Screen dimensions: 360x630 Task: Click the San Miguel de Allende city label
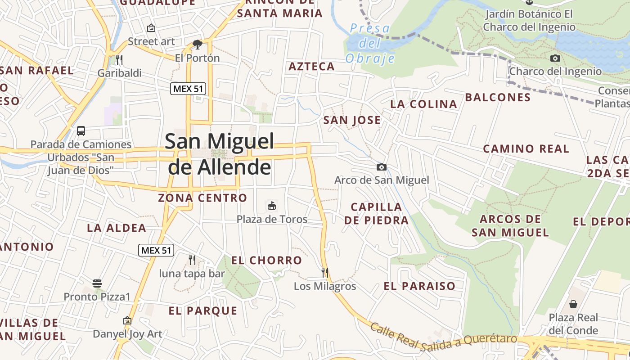click(x=220, y=154)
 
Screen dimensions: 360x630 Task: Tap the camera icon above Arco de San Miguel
click(x=381, y=167)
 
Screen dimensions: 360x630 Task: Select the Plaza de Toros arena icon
click(x=272, y=206)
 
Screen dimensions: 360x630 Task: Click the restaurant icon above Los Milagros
click(x=325, y=272)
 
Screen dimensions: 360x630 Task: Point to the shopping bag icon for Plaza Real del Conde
click(x=573, y=304)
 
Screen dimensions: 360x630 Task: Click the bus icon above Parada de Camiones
click(x=81, y=131)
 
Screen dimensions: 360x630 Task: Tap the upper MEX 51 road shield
click(x=189, y=89)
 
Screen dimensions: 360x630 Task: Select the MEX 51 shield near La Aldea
click(x=156, y=250)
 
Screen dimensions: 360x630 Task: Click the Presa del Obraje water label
click(x=370, y=44)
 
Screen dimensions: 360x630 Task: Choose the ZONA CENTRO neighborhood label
click(x=202, y=198)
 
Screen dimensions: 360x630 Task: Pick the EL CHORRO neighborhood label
click(x=266, y=260)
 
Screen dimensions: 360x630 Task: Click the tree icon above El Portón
click(x=197, y=44)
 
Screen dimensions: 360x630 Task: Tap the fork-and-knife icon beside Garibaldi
click(x=119, y=59)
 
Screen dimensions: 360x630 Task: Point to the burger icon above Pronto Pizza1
click(x=97, y=283)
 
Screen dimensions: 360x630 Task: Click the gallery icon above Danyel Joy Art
click(x=127, y=320)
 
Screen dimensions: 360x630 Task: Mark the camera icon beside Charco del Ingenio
click(x=555, y=58)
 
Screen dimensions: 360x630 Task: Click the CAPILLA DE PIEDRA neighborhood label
click(x=376, y=213)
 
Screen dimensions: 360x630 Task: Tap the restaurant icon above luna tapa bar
click(x=192, y=260)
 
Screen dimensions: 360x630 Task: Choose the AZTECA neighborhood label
click(x=311, y=67)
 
